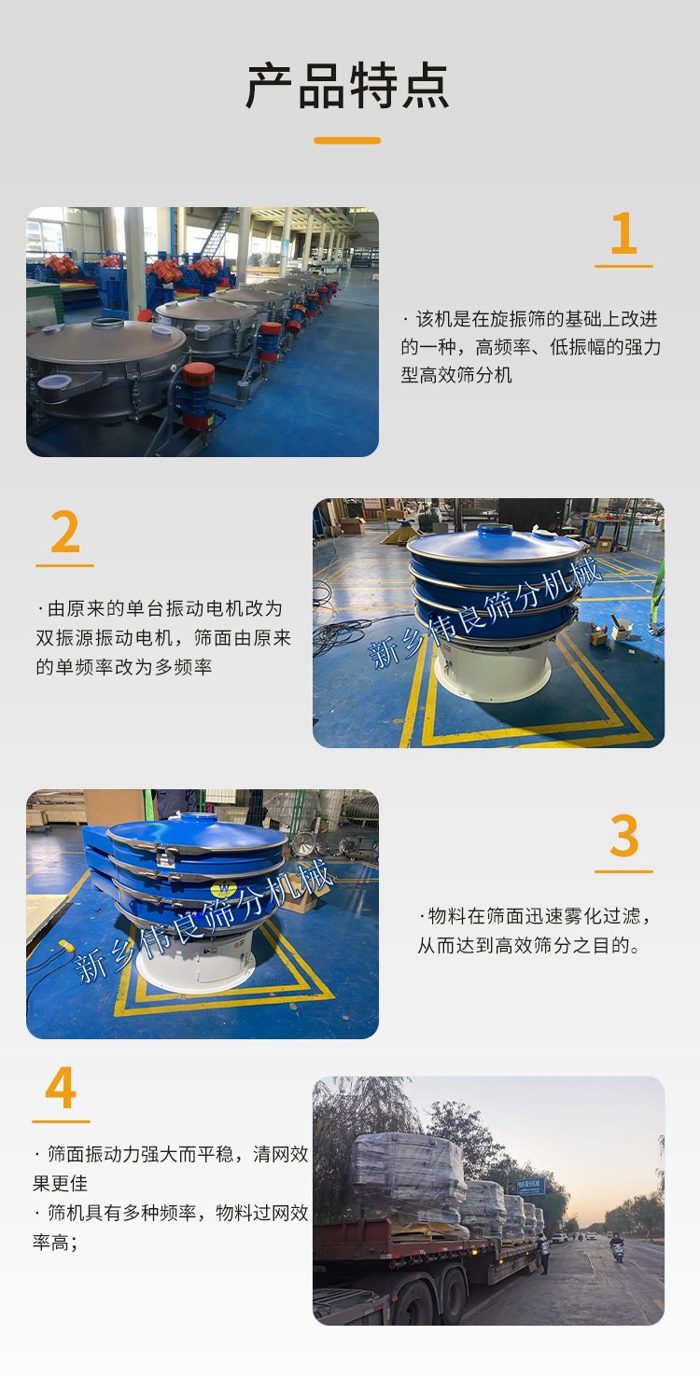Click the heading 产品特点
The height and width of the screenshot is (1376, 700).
[347, 86]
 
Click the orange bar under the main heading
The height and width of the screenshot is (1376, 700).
[347, 141]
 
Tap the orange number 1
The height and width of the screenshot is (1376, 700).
[623, 233]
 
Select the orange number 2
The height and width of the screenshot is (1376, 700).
[65, 532]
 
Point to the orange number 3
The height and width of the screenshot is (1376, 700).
[623, 836]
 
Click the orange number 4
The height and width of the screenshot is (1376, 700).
[61, 1087]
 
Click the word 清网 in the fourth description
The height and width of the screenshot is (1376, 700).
[271, 1154]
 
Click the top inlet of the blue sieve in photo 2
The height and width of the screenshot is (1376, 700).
[496, 529]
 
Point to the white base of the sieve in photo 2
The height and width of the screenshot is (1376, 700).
[492, 670]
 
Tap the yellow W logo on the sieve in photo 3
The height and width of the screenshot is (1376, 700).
[224, 888]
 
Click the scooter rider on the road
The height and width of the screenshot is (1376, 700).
[616, 1247]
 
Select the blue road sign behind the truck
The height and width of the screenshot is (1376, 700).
[531, 1186]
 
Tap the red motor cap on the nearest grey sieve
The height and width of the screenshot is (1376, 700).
[198, 374]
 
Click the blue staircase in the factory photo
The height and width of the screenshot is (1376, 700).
[217, 233]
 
